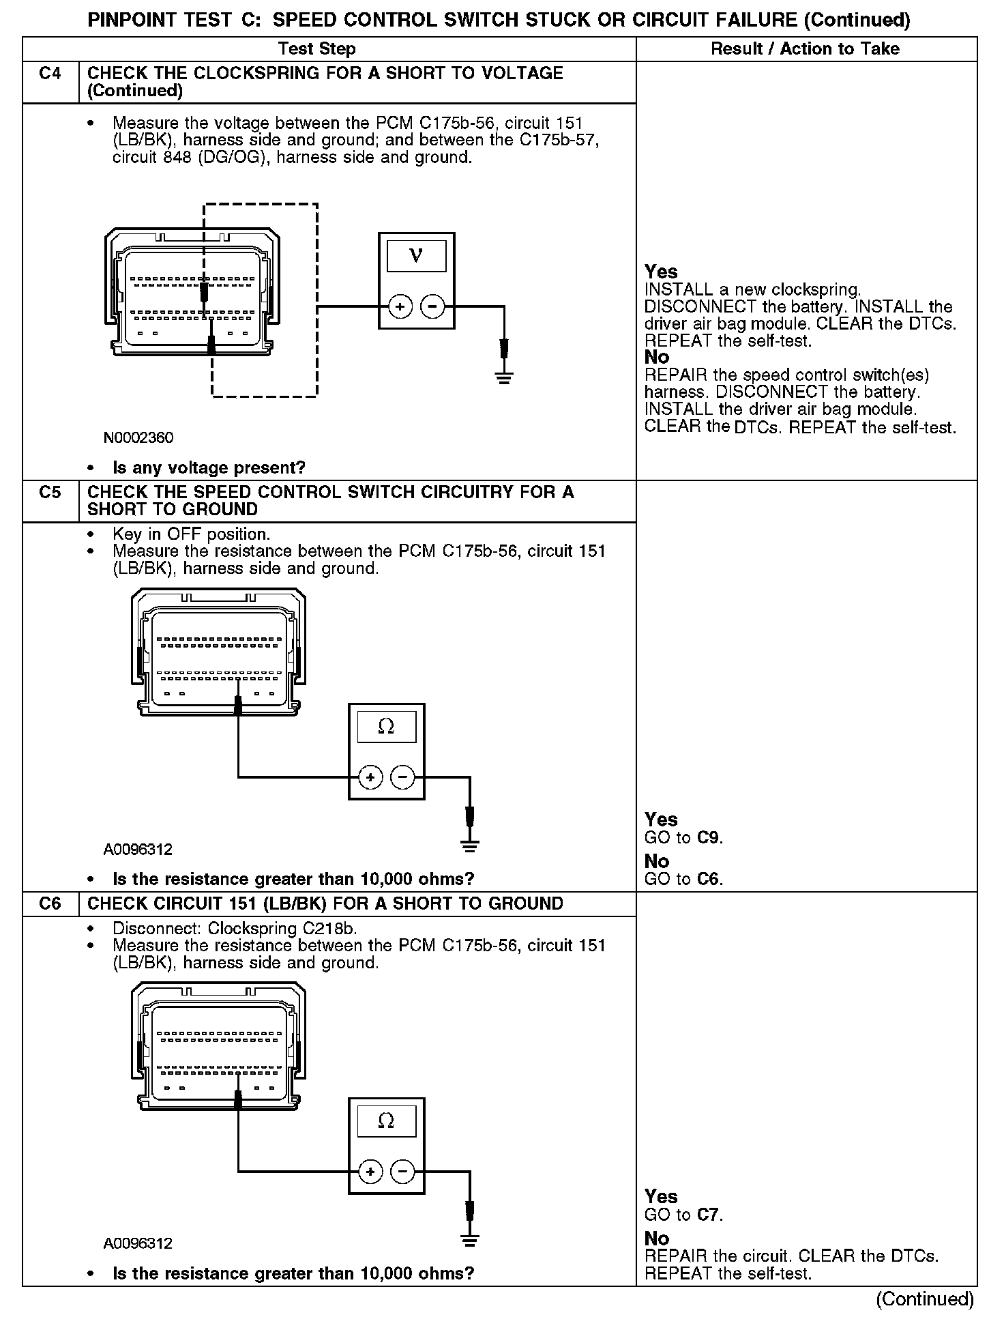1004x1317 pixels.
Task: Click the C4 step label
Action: tap(50, 74)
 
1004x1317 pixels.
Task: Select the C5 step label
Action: tap(50, 493)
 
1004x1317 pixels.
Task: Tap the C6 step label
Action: tap(50, 904)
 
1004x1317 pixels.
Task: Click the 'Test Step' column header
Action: tap(316, 49)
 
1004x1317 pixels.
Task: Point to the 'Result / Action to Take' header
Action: tap(805, 49)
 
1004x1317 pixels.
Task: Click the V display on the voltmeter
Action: tap(416, 257)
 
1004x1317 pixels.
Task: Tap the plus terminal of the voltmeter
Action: tap(400, 307)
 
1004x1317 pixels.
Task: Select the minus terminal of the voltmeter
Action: tap(432, 307)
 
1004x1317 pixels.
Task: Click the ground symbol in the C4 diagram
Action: tap(504, 377)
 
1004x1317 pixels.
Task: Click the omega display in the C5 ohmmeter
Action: tap(386, 727)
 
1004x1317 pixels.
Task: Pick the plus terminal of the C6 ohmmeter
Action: tap(370, 1172)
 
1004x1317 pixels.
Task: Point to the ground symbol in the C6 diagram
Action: tap(469, 1241)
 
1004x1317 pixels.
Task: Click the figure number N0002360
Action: tap(138, 437)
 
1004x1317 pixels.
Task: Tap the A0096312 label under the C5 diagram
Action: tap(138, 850)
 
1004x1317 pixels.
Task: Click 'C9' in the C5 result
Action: tap(709, 837)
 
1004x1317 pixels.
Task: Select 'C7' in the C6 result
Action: tap(709, 1215)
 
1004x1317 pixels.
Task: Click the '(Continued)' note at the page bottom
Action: tap(925, 1299)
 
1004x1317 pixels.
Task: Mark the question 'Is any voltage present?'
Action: tap(209, 468)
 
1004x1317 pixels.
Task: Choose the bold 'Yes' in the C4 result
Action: tap(661, 272)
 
